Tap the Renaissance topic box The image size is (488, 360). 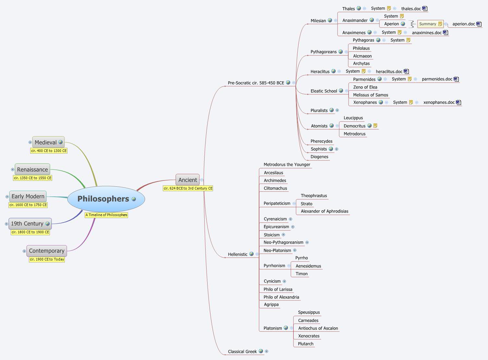point(32,169)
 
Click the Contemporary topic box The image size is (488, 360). point(47,251)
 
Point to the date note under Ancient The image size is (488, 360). point(188,188)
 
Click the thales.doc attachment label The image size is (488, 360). point(411,9)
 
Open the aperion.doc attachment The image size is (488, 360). point(463,24)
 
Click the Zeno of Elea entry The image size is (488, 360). point(365,87)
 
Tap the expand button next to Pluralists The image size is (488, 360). point(337,110)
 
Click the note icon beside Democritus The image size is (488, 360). point(375,126)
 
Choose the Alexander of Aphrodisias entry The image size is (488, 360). point(324,211)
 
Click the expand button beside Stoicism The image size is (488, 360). point(283,235)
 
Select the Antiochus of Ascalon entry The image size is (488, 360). point(318,328)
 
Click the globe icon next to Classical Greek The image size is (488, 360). point(261,351)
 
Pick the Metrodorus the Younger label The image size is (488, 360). point(287,165)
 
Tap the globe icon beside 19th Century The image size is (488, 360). point(48,224)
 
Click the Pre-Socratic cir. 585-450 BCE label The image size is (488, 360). point(256,83)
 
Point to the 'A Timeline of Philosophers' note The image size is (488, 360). point(106,215)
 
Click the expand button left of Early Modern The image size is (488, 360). point(7,197)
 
